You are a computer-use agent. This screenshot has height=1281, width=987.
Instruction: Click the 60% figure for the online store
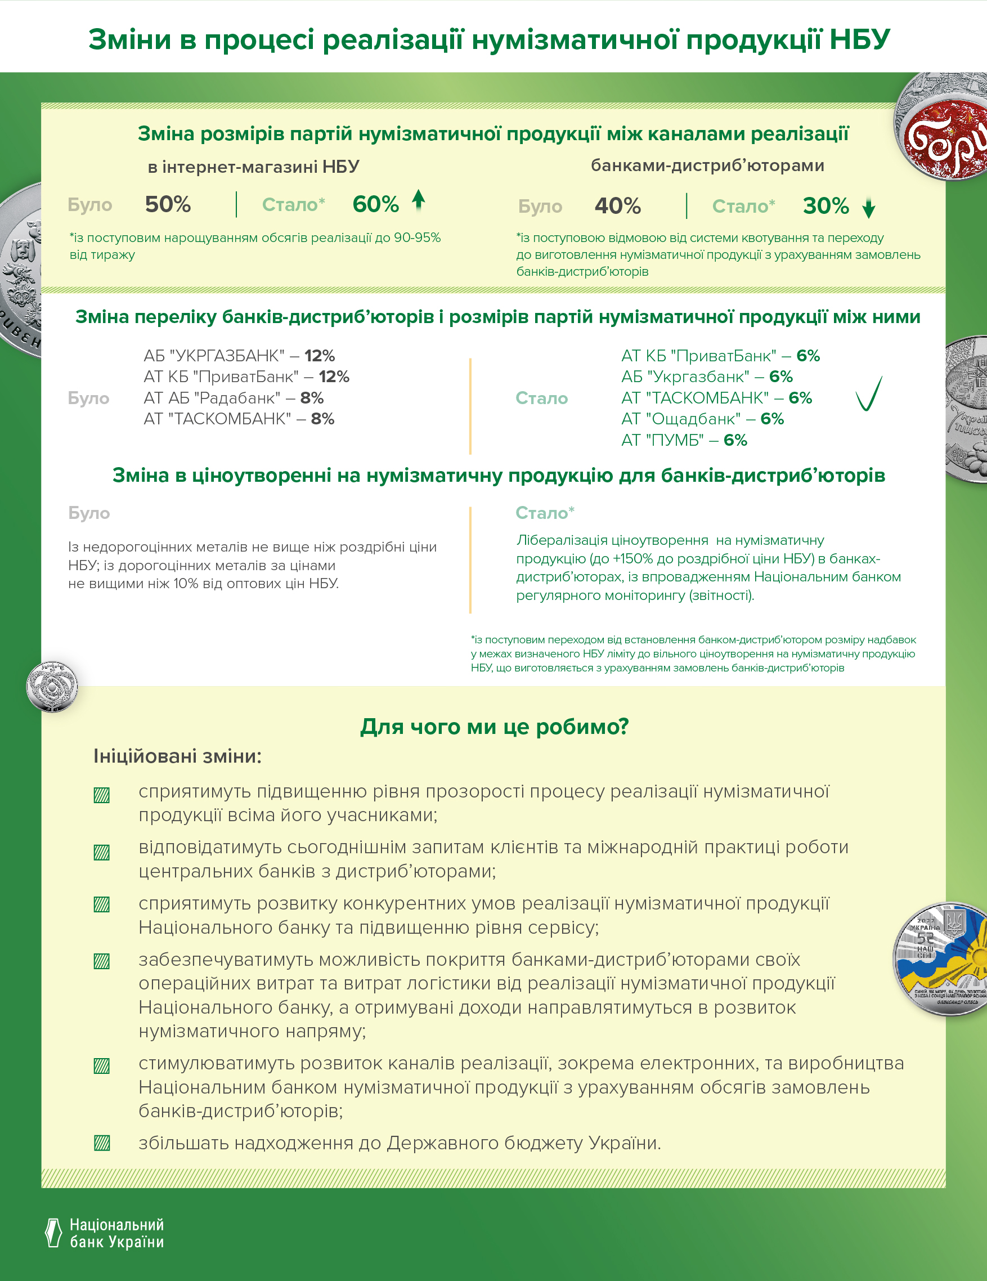pos(375,205)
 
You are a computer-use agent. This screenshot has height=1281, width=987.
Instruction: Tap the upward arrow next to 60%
pos(418,200)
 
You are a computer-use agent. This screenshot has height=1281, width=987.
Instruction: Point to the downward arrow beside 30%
pos(868,208)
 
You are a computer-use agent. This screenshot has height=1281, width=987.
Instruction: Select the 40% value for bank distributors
pos(617,206)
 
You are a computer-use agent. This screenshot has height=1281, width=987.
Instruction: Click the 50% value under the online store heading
pos(168,205)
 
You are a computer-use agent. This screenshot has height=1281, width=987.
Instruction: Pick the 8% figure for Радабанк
pos(312,398)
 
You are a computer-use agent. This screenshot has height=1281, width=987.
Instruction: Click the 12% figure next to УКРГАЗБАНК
pos(320,356)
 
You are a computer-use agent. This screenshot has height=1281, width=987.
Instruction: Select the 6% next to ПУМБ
pos(735,441)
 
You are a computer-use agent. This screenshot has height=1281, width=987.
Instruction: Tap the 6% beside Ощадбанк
pos(773,419)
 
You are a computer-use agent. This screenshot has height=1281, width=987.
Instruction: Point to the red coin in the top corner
pos(944,129)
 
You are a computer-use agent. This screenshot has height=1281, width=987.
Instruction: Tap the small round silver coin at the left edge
pos(52,686)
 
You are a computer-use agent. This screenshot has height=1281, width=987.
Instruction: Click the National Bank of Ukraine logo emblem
pos(53,1233)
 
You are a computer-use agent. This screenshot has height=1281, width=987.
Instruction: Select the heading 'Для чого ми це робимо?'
pos(494,727)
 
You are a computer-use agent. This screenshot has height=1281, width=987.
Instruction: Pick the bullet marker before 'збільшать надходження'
pos(102,1143)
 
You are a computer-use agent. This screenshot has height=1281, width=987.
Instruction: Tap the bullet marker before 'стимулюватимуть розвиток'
pos(102,1066)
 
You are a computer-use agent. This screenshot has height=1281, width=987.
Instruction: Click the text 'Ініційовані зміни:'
pos(177,756)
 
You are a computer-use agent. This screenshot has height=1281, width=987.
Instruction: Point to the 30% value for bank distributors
pos(826,206)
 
